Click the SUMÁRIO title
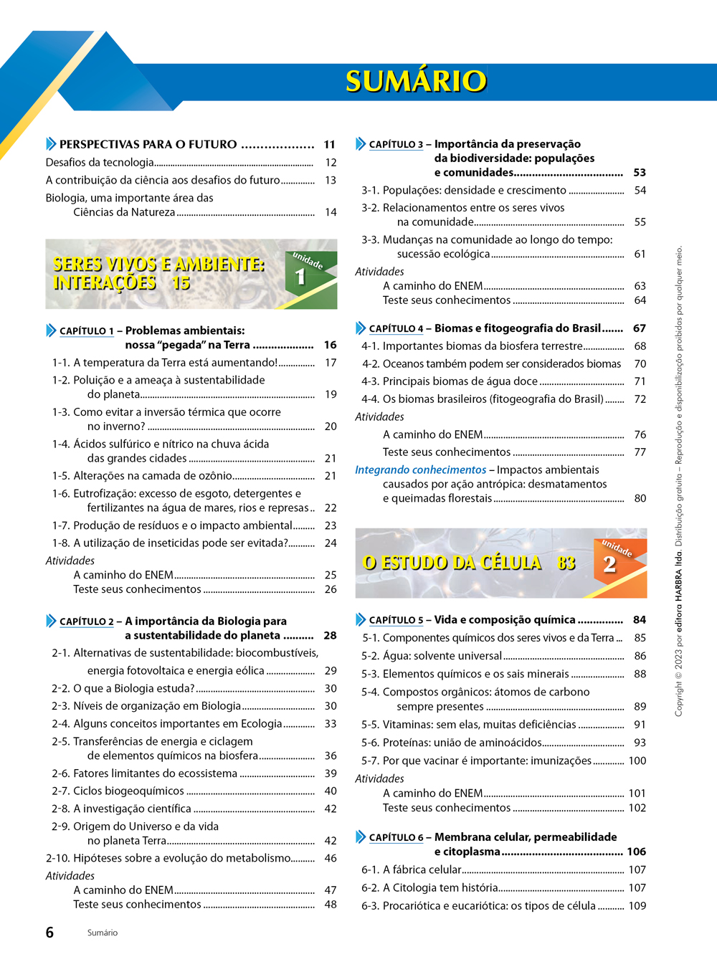(416, 81)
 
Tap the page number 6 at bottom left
(49, 933)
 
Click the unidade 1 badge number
(300, 277)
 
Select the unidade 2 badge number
(609, 564)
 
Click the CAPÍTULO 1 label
(86, 331)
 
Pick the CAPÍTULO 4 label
(396, 329)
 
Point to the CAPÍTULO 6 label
(396, 837)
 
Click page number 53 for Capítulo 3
(640, 173)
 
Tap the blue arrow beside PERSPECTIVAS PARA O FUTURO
(51, 144)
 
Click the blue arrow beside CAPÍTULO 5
(361, 619)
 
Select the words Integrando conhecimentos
(420, 470)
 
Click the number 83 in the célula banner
(566, 563)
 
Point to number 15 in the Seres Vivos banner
(181, 283)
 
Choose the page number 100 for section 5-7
(637, 761)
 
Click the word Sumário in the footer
(103, 933)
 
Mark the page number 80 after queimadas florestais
(640, 498)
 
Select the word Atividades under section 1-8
(70, 561)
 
